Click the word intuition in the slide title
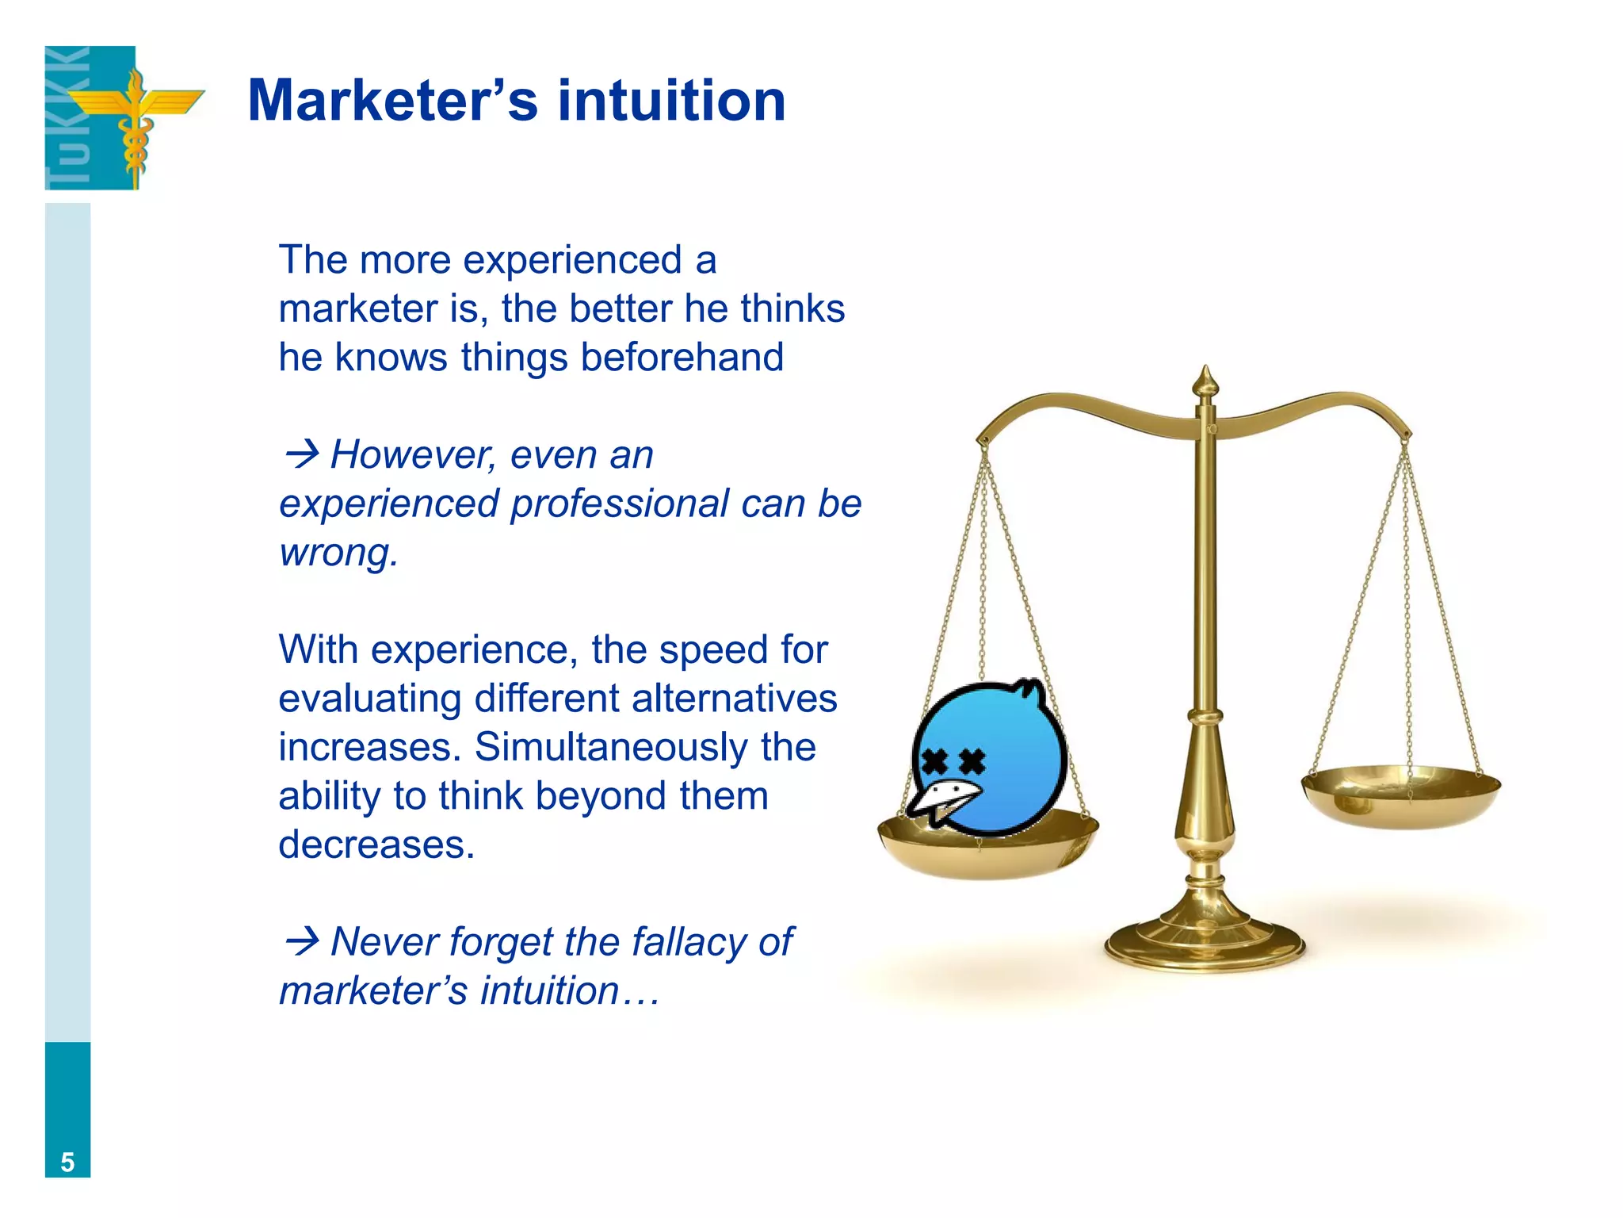pos(671,101)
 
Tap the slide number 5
pos(67,1162)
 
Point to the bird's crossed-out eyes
pos(953,762)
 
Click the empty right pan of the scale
pos(1401,795)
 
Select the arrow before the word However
pos(301,455)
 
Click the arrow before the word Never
pos(301,942)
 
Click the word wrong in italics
pos(337,553)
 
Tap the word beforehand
pos(682,358)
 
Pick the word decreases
pos(376,845)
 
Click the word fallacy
pos(689,942)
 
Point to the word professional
pos(619,504)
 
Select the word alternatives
pos(735,699)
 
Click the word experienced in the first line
pos(572,260)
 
